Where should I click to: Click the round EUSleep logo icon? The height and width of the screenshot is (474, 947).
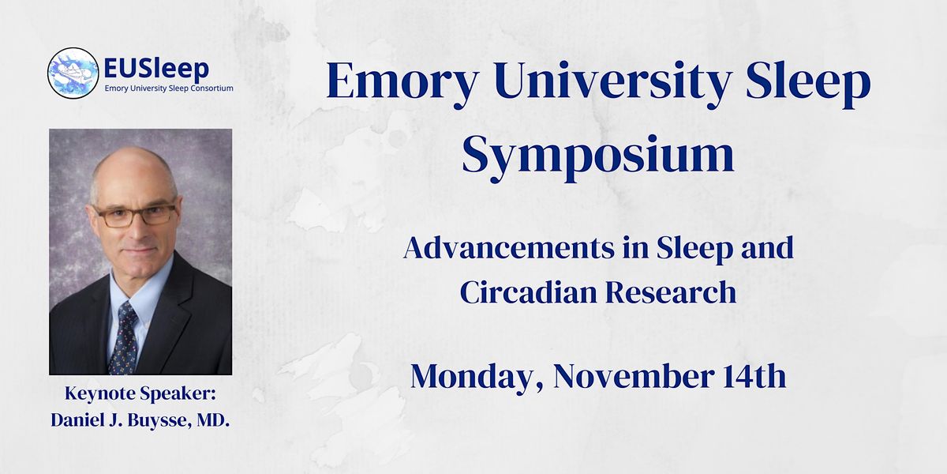[x=73, y=73]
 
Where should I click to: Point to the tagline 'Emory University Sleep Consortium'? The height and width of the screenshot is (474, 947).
[x=169, y=88]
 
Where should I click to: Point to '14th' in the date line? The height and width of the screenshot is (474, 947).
[x=756, y=376]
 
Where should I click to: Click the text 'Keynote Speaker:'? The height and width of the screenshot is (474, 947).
[x=140, y=396]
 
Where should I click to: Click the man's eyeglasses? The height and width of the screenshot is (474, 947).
[x=135, y=215]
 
